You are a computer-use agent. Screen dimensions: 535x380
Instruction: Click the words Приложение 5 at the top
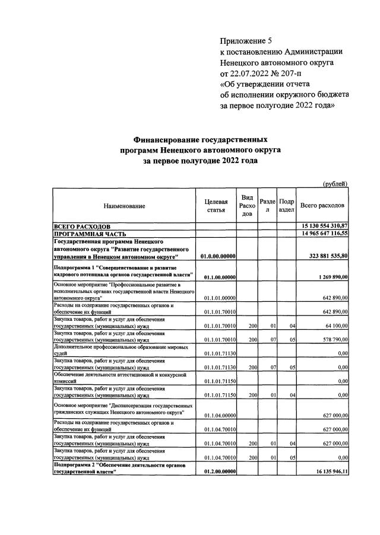pyautogui.click(x=245, y=41)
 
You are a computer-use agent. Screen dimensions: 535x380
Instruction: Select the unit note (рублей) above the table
pyautogui.click(x=335, y=184)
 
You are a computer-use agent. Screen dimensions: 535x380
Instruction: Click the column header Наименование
pyautogui.click(x=124, y=206)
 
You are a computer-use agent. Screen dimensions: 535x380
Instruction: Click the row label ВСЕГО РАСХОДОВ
pyautogui.click(x=82, y=227)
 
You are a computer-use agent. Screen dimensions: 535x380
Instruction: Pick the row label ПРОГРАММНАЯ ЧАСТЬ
pyautogui.click(x=88, y=234)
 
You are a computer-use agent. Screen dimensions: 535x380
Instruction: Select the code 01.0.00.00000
pyautogui.click(x=220, y=256)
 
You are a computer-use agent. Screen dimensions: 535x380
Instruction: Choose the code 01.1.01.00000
pyautogui.click(x=220, y=298)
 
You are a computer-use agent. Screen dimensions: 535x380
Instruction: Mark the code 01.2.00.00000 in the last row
pyautogui.click(x=220, y=472)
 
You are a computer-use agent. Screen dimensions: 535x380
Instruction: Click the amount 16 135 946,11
pyautogui.click(x=327, y=472)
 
